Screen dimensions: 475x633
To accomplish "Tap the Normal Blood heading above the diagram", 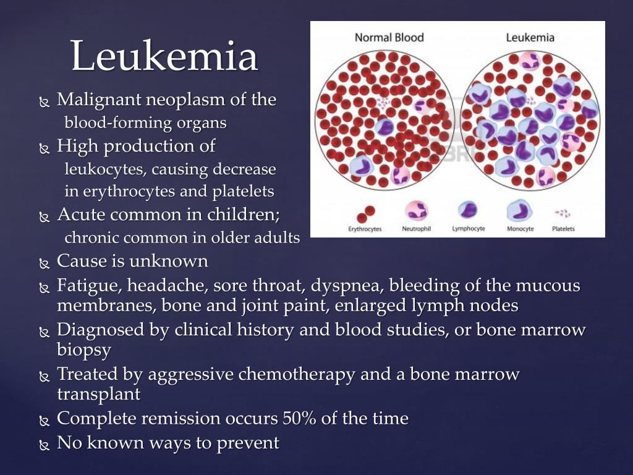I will pyautogui.click(x=389, y=37).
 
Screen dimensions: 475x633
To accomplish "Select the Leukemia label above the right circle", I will pyautogui.click(x=530, y=37).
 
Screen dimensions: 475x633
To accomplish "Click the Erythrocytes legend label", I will pyautogui.click(x=365, y=229).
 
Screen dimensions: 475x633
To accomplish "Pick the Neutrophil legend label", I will pyautogui.click(x=416, y=229).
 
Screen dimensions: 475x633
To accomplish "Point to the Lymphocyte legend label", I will pyautogui.click(x=468, y=229).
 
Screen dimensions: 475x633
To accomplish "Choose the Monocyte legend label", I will pyautogui.click(x=520, y=229).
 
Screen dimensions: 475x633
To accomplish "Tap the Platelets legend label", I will pyautogui.click(x=563, y=229).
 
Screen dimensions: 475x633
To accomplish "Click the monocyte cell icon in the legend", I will pyautogui.click(x=520, y=212).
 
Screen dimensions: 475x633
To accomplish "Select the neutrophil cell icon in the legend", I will pyautogui.click(x=416, y=211).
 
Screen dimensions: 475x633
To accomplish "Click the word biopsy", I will pyautogui.click(x=84, y=350).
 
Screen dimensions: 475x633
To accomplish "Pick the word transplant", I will pyautogui.click(x=99, y=394).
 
